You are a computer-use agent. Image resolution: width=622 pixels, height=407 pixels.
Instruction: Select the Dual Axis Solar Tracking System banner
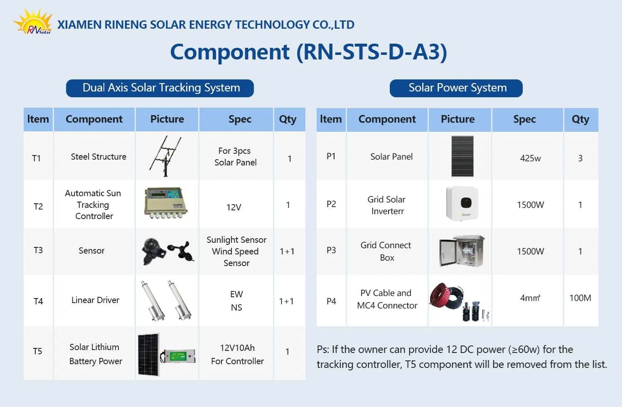[x=160, y=88]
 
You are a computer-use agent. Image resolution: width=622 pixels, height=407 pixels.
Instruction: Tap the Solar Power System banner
[x=456, y=88]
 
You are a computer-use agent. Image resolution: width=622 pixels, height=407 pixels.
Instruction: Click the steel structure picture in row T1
[x=167, y=156]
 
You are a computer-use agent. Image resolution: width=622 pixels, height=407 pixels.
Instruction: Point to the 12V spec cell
[x=234, y=207]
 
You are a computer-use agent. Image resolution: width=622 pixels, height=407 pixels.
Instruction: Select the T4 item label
[x=38, y=301]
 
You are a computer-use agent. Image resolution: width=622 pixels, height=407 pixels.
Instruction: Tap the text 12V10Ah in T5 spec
[x=237, y=348]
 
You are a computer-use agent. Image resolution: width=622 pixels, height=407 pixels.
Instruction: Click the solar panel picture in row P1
[x=462, y=156]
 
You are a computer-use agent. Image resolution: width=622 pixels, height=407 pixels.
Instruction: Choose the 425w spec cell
[x=530, y=158]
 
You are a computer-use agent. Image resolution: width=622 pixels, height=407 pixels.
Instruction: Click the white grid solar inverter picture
[x=462, y=203]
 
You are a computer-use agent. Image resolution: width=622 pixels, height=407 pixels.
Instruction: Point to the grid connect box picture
[x=462, y=251]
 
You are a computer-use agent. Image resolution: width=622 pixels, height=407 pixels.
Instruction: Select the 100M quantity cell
[x=580, y=298]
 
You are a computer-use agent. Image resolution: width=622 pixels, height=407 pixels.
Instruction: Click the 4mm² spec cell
[x=530, y=298]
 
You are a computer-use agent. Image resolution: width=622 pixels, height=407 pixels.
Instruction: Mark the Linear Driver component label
[x=95, y=300]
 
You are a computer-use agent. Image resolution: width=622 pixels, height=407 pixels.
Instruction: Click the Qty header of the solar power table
[x=580, y=119]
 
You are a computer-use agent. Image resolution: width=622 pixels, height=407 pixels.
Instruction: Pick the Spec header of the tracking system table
[x=240, y=119]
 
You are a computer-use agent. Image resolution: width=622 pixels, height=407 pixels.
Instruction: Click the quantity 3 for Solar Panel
[x=580, y=158]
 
